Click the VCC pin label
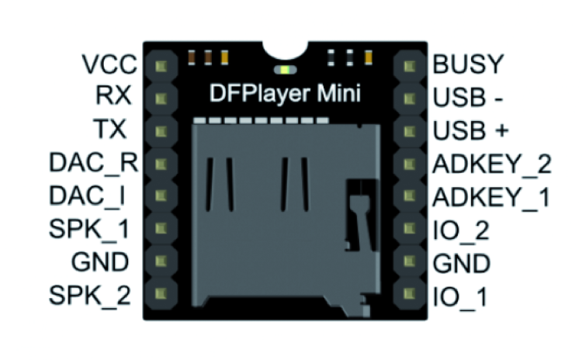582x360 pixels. (x=109, y=63)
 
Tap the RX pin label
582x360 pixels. (x=113, y=95)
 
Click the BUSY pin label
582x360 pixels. (x=468, y=63)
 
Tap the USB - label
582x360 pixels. (x=466, y=96)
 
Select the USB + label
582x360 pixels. (x=469, y=130)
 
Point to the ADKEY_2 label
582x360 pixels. (x=490, y=163)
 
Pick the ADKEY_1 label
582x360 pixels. (x=490, y=196)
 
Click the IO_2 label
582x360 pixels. (x=460, y=230)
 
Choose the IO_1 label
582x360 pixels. (x=459, y=296)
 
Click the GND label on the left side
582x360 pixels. (x=100, y=262)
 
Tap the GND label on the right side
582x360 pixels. (x=461, y=263)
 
